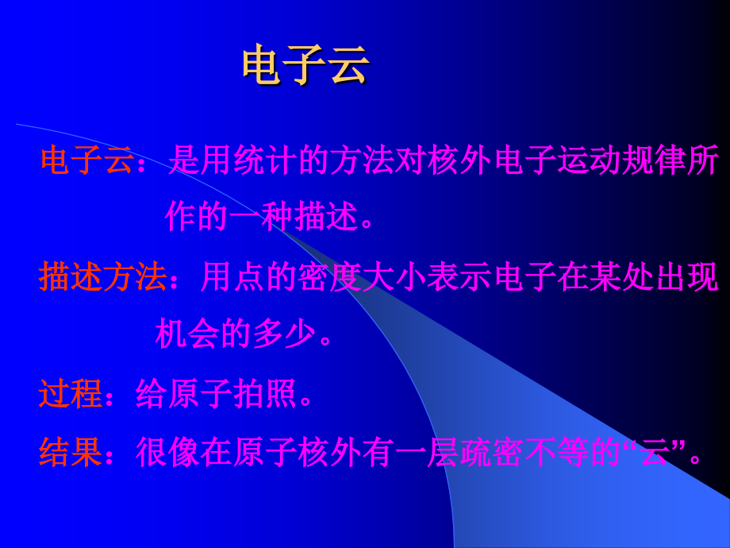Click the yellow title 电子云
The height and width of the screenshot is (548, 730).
pos(306,64)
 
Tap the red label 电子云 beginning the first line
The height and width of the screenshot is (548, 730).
pos(87,161)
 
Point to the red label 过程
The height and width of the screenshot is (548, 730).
pos(71,394)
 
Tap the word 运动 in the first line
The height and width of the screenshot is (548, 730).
pos(573,161)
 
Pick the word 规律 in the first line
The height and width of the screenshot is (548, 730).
pos(638,161)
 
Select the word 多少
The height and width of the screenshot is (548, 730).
pos(284,334)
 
